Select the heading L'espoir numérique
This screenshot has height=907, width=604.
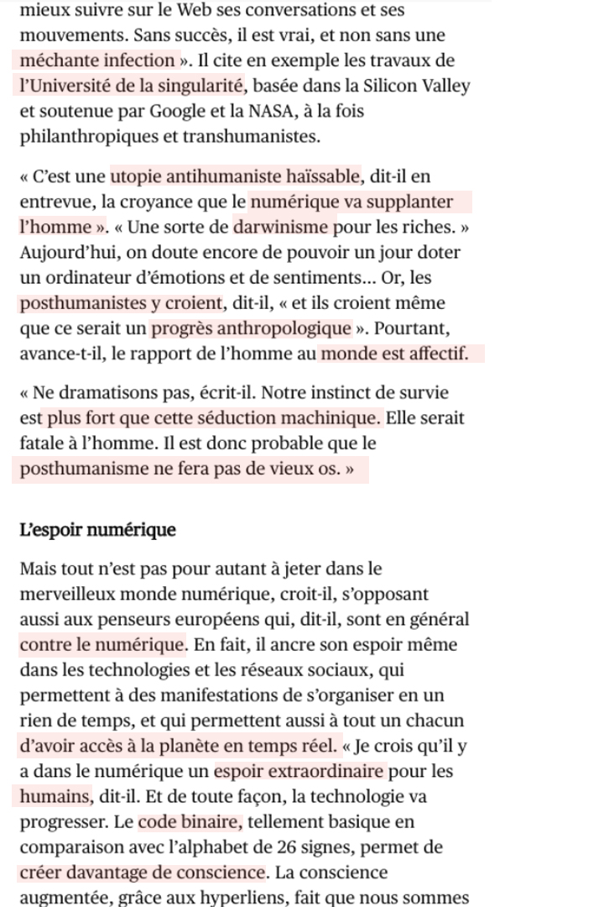tap(98, 530)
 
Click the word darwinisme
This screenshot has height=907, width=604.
tap(282, 228)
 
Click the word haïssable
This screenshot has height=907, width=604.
tap(323, 177)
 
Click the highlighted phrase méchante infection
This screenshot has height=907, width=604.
tap(96, 60)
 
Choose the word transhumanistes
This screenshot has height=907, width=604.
tap(251, 136)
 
